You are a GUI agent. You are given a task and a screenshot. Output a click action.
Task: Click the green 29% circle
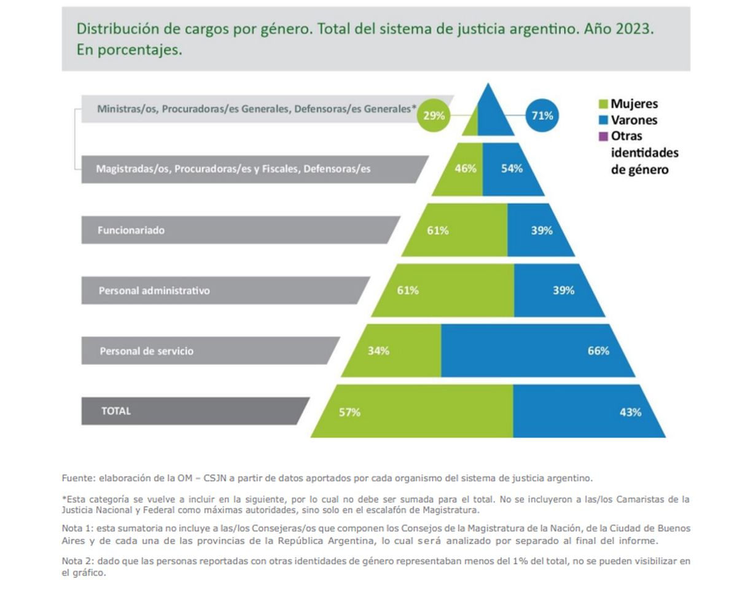click(434, 115)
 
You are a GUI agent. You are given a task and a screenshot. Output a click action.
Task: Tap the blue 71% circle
click(542, 115)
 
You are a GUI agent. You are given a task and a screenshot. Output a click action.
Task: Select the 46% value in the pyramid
click(466, 168)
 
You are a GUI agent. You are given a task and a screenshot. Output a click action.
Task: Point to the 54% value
click(512, 168)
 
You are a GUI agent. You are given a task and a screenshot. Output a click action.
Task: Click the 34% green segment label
click(378, 351)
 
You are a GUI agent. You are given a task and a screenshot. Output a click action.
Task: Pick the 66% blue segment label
click(598, 351)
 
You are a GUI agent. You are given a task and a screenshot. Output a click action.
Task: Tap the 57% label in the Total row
click(349, 412)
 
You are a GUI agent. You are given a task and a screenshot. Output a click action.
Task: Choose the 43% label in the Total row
click(630, 412)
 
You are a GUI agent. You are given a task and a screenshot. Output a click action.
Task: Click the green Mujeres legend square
click(602, 104)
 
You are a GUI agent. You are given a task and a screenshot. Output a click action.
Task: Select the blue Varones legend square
click(602, 120)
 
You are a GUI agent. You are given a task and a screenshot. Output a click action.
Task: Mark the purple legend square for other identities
click(602, 136)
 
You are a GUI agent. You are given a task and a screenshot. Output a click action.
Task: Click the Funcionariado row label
click(131, 230)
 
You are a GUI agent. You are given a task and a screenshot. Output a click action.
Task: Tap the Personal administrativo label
click(154, 291)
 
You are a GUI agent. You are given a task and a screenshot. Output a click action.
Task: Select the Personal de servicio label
click(147, 351)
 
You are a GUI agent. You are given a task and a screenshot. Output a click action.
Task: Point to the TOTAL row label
click(116, 411)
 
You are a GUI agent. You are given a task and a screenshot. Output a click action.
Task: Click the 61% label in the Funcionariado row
click(438, 230)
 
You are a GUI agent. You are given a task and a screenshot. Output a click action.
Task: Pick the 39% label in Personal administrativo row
click(563, 291)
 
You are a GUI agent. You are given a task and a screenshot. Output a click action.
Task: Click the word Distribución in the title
click(114, 29)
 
